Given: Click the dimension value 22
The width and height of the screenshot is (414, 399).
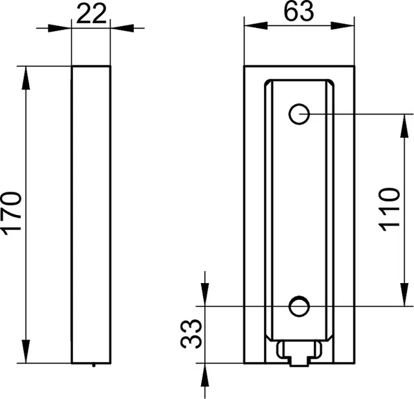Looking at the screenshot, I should (91, 14).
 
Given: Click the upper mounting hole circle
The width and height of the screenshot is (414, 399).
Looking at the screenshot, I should (299, 115).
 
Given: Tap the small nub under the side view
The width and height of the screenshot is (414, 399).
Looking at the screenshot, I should (94, 365).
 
